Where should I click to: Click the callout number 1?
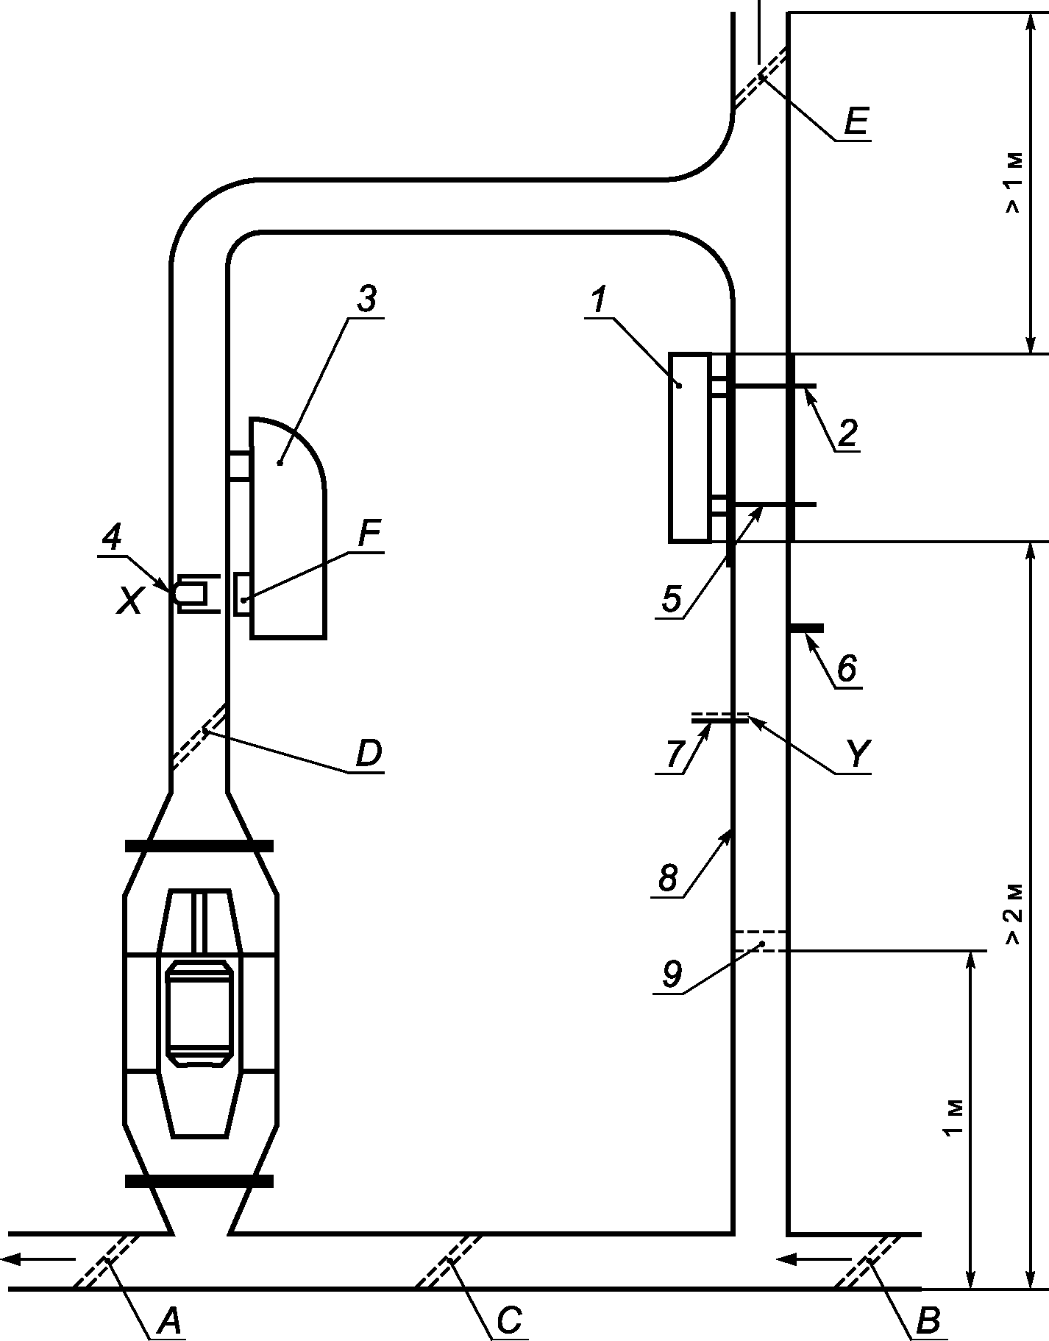tap(600, 300)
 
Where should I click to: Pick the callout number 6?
tap(846, 668)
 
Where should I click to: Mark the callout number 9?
tap(672, 974)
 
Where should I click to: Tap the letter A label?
tap(169, 1322)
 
